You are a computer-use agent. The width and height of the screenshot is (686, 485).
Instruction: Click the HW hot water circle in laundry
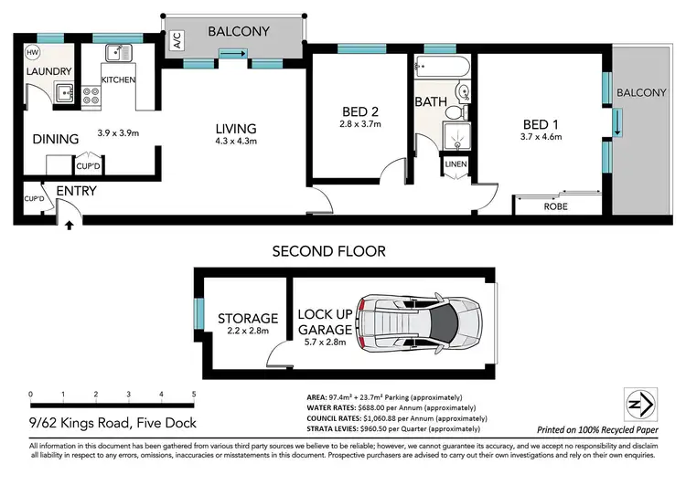(34, 51)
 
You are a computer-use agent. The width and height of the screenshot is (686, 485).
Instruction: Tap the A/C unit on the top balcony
(176, 40)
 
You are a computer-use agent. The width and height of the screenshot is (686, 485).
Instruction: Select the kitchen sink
(118, 53)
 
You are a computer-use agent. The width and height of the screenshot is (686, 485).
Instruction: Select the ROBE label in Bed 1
(555, 206)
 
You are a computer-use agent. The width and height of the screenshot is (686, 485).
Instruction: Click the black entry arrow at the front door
(69, 224)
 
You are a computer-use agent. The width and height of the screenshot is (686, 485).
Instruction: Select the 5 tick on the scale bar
(194, 395)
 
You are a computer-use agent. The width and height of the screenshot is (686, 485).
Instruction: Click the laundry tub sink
(63, 90)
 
